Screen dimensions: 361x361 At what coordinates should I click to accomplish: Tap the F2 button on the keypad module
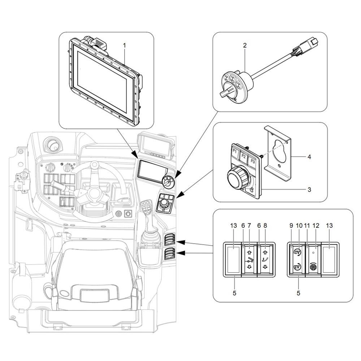tap(244, 156)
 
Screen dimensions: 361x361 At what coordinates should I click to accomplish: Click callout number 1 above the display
tap(125, 46)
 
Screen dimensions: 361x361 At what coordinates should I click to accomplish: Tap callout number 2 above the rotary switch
tap(245, 45)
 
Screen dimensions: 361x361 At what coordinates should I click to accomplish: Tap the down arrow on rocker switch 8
tap(265, 267)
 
